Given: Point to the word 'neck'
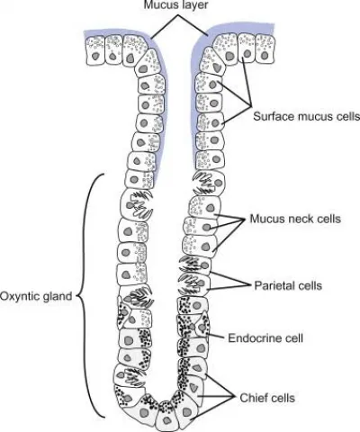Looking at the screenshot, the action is click(x=299, y=219).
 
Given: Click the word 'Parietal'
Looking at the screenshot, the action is click(x=274, y=285).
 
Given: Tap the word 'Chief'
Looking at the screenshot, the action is click(x=252, y=398).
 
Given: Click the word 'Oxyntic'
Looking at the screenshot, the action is click(x=19, y=296).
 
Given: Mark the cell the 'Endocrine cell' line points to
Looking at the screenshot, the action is click(x=202, y=325).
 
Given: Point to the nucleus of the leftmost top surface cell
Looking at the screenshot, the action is click(x=95, y=56).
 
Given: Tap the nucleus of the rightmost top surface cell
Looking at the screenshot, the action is click(x=265, y=56).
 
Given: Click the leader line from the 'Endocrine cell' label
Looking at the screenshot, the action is click(x=216, y=336).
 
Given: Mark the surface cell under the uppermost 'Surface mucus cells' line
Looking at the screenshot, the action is click(x=247, y=49).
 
